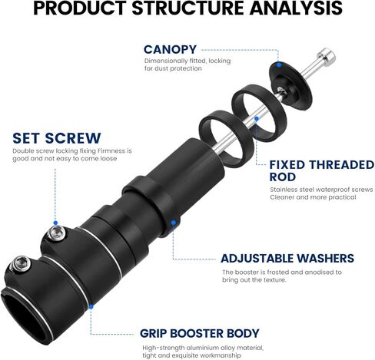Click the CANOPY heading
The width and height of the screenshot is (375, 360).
click(x=170, y=50)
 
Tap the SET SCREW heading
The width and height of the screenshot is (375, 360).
click(x=57, y=138)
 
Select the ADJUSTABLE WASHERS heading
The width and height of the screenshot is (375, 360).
click(x=287, y=259)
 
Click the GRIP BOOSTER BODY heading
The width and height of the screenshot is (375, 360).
click(x=200, y=333)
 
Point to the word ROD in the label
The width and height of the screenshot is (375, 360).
click(x=283, y=177)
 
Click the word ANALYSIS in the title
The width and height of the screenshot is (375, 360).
click(x=296, y=8)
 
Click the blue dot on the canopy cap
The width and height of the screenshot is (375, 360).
click(x=279, y=64)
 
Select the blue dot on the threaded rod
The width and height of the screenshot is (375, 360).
click(x=257, y=118)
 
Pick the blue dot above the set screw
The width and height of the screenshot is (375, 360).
click(x=55, y=223)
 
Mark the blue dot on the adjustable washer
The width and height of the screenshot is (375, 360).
click(x=174, y=223)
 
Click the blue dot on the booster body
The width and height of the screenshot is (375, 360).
click(x=91, y=306)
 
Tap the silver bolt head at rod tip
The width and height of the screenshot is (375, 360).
click(x=327, y=57)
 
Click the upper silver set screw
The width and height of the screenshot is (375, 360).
click(x=57, y=233)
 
